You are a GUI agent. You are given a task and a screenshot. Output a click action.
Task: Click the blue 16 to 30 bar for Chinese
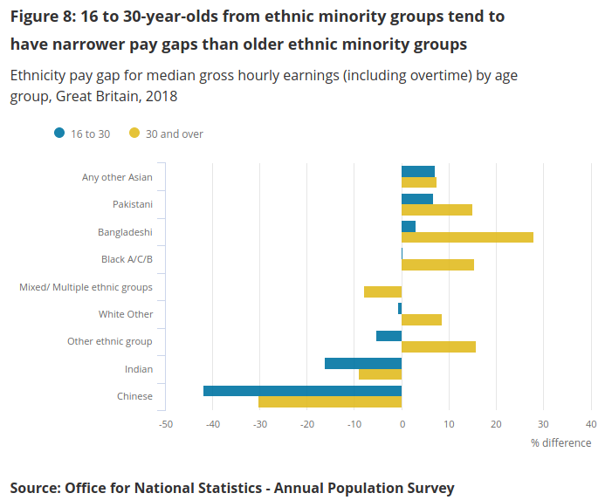(302, 391)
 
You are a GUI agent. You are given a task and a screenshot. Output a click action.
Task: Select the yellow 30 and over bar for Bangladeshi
(467, 237)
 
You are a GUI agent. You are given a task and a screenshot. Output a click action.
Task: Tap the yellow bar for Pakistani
(437, 209)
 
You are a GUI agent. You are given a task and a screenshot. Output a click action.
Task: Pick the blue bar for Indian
(363, 363)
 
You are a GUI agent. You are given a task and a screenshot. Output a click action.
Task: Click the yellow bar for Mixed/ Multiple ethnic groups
(382, 291)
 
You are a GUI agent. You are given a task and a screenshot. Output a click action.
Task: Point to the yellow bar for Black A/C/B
(437, 264)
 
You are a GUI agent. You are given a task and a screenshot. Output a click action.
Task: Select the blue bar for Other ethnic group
(389, 336)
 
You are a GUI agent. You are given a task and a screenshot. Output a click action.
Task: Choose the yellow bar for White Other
(422, 319)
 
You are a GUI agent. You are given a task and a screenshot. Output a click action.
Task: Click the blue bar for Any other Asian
(418, 171)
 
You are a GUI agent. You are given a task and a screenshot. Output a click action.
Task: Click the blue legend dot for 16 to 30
(59, 134)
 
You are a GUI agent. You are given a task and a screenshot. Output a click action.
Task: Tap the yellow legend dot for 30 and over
(134, 134)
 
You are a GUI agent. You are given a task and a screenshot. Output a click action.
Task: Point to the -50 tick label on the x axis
(166, 424)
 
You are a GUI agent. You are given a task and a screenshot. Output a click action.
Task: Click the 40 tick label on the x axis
(591, 424)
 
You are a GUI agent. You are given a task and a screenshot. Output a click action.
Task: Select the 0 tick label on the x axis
(402, 424)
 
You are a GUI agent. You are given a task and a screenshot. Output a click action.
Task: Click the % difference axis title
(560, 442)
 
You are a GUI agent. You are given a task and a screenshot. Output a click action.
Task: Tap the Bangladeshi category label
(125, 232)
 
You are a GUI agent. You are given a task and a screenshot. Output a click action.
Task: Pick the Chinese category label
(134, 396)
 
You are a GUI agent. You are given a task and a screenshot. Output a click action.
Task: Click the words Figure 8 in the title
(40, 17)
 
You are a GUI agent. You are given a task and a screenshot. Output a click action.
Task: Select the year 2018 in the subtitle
(162, 96)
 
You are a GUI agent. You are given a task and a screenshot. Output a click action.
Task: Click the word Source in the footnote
(32, 488)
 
